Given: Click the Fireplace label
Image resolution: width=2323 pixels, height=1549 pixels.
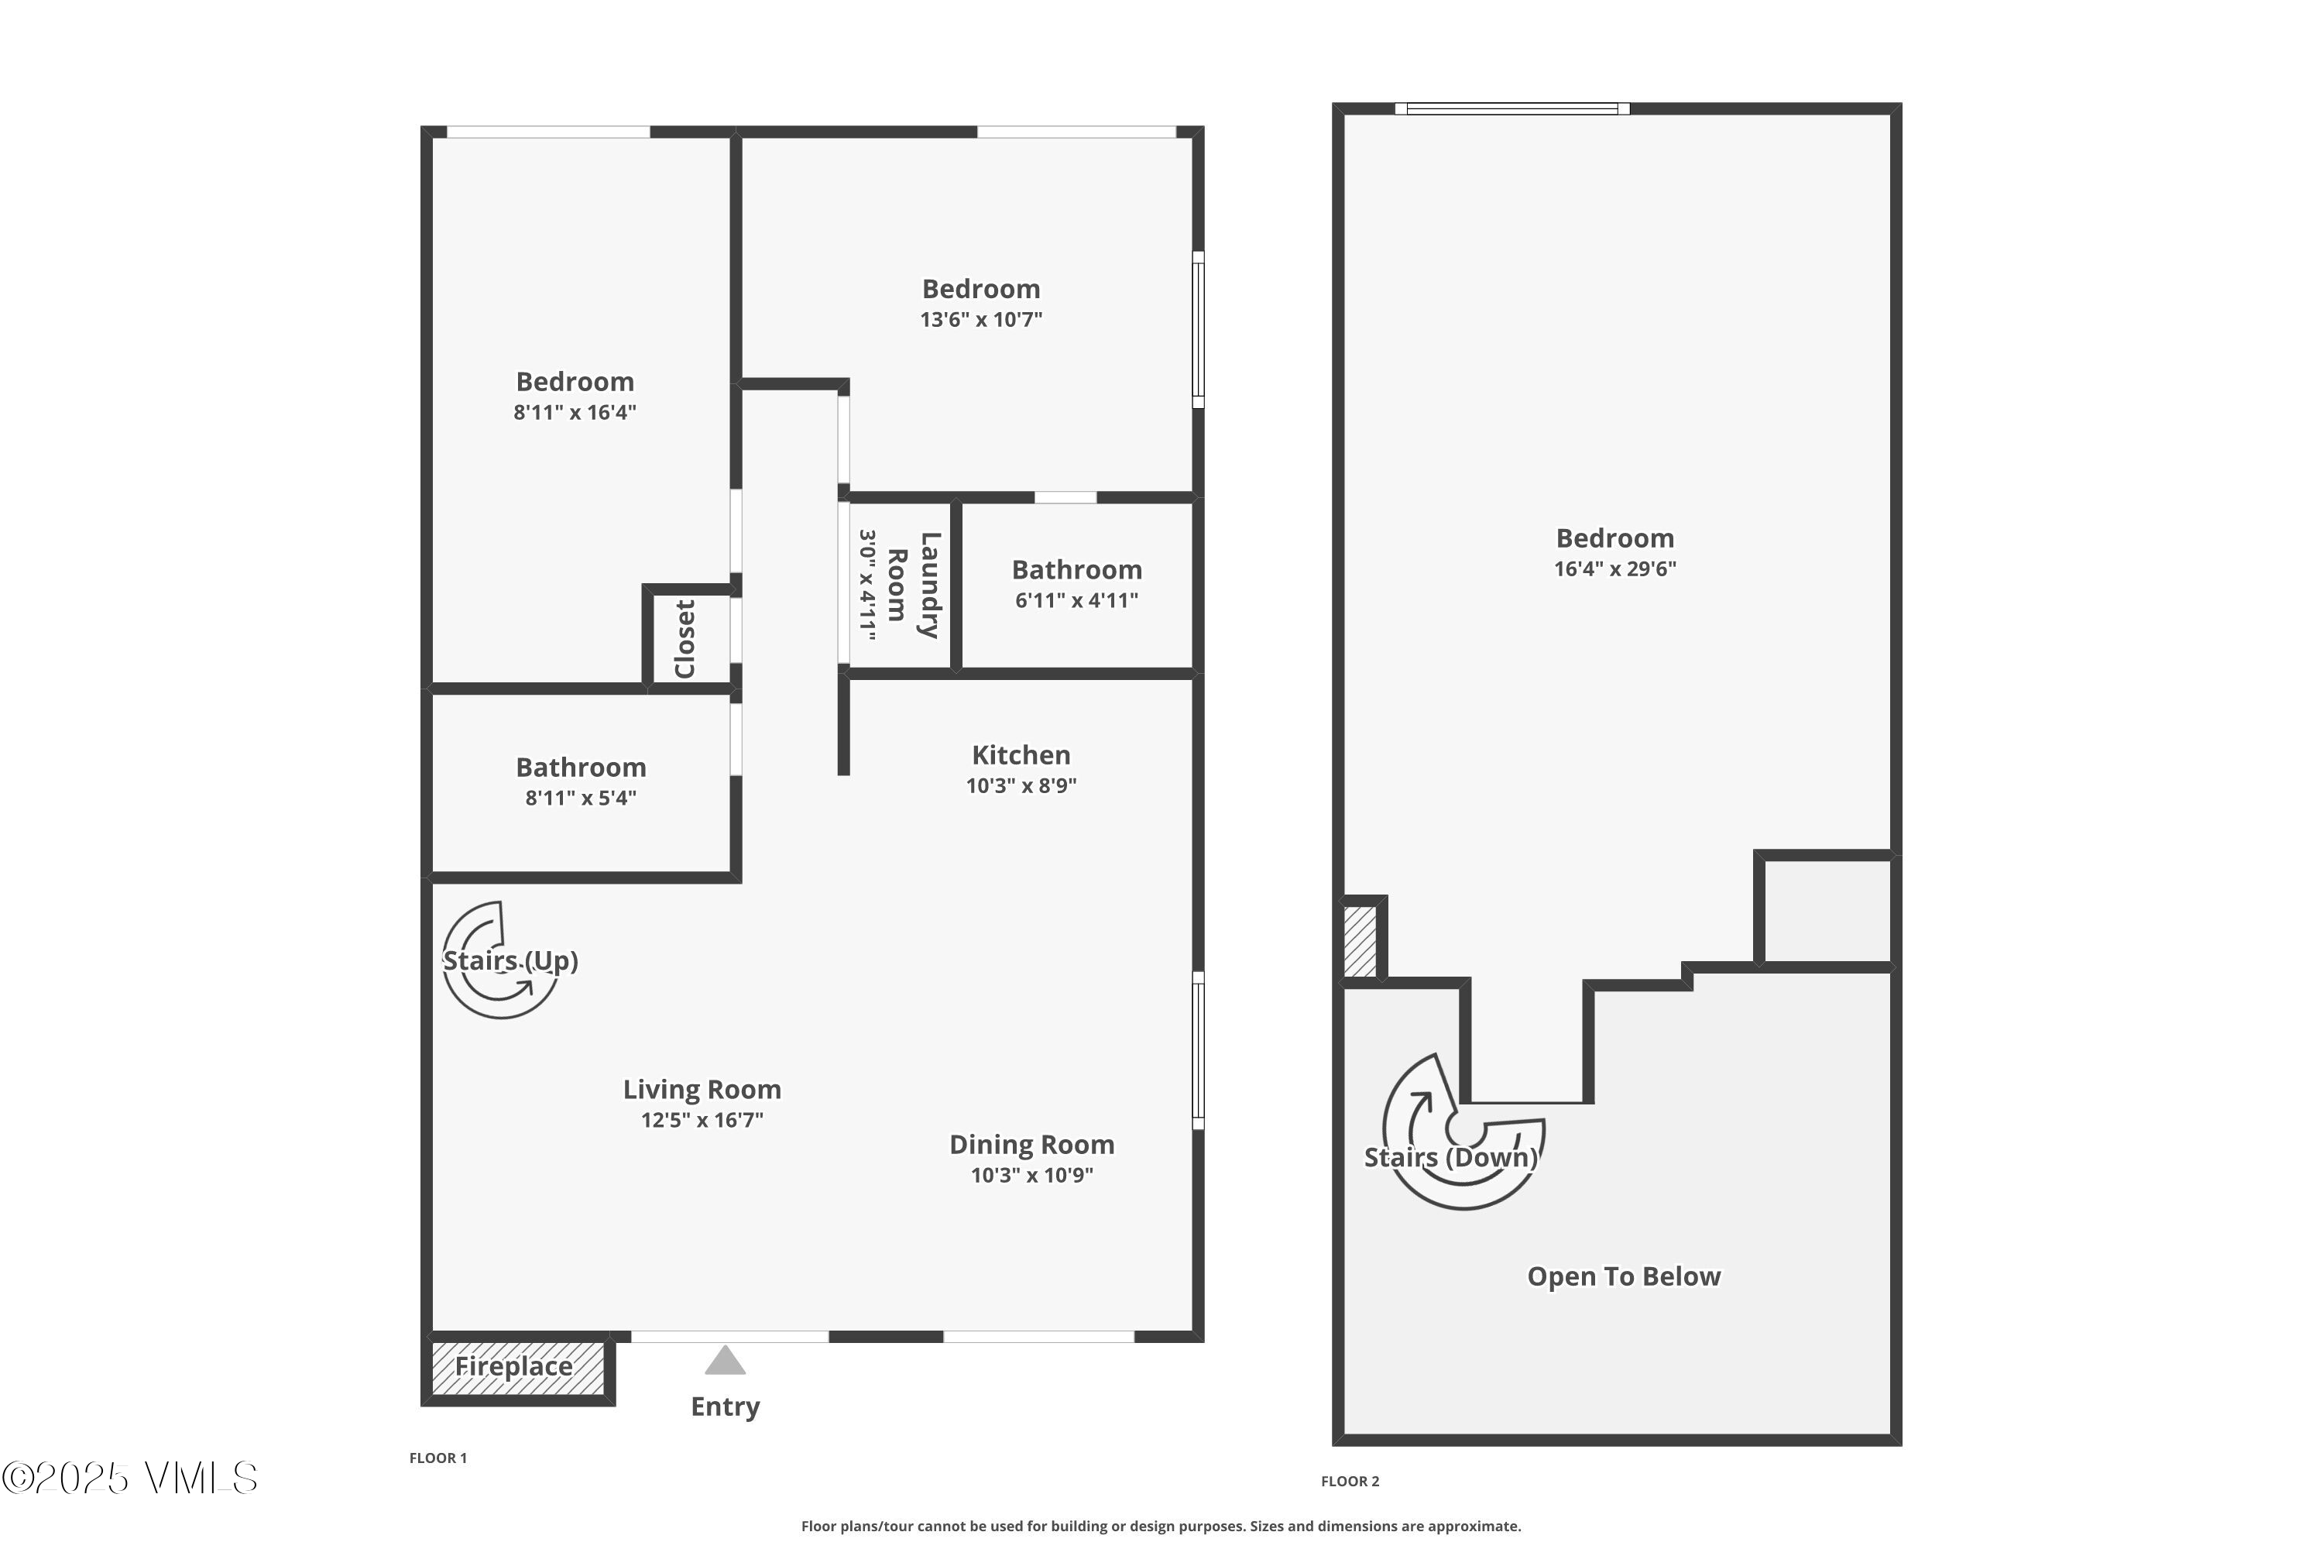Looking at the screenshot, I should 513,1366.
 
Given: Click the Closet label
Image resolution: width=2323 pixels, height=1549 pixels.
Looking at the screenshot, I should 685,638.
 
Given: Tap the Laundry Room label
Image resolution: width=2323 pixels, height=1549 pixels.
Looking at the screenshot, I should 914,585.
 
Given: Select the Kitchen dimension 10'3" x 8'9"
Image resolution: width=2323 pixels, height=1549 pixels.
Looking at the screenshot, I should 1021,785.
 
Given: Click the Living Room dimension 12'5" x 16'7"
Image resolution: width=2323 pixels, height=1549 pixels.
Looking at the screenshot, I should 702,1119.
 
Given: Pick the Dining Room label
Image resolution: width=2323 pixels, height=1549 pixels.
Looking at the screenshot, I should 1032,1144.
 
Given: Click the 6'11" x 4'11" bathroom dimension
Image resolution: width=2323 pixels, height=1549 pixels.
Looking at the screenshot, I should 1076,599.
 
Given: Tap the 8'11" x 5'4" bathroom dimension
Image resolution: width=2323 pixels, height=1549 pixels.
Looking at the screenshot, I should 581,797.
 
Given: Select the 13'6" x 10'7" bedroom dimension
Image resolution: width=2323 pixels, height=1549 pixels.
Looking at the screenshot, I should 981,319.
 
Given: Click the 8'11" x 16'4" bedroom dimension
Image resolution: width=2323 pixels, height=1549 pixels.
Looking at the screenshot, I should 575,412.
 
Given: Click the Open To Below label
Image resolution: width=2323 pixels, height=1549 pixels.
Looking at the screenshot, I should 1624,1276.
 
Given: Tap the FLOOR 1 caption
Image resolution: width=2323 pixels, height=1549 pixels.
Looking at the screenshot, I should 437,1457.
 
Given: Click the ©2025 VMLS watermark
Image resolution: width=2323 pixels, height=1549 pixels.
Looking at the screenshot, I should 129,1478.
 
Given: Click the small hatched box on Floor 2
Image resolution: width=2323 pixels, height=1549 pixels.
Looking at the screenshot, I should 1360,942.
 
